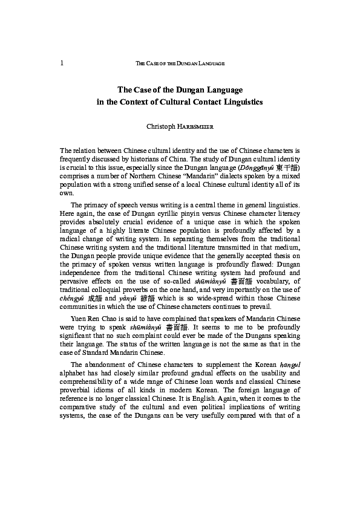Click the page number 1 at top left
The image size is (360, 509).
62,63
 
